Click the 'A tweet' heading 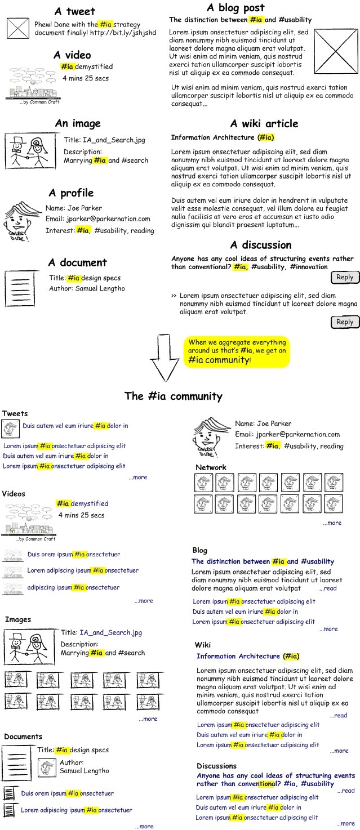[x=74, y=11]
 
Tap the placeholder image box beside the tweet [x=17, y=29]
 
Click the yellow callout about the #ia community [x=237, y=351]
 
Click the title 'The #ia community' [x=173, y=396]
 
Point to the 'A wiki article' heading [x=264, y=124]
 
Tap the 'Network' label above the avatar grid [x=211, y=467]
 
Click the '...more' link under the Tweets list [x=137, y=477]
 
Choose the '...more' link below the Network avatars [x=332, y=523]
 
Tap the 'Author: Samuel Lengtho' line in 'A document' [x=87, y=289]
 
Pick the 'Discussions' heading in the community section [x=216, y=766]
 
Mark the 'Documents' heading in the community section [x=23, y=737]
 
